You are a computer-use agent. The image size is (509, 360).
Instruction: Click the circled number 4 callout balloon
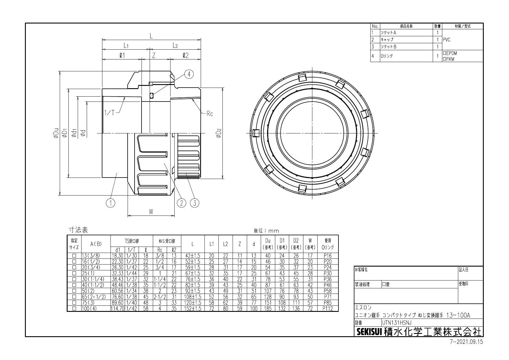pos(189,74)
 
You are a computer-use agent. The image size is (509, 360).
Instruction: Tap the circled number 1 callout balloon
pos(110,203)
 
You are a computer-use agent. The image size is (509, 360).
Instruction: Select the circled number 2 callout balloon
pos(181,203)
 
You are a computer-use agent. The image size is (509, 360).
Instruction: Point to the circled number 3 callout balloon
pos(195,203)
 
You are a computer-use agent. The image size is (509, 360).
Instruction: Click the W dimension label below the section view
pos(151,212)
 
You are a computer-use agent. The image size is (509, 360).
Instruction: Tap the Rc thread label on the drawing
pos(210,114)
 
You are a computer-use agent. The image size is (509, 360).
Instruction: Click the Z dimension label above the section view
pos(154,55)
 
